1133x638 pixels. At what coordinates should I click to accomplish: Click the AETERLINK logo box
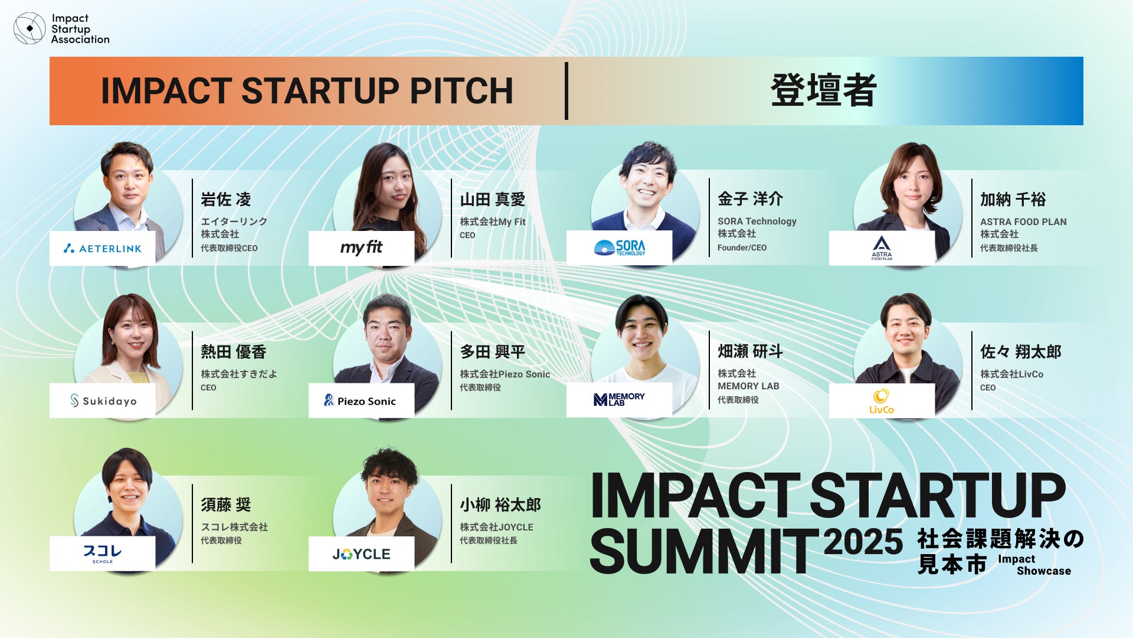[x=103, y=249]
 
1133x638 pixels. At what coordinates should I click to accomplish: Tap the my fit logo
[x=361, y=248]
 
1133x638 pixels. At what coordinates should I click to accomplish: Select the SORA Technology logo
[x=619, y=248]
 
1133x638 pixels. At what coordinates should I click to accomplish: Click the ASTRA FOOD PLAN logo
[x=882, y=248]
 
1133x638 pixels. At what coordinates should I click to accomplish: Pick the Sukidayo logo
[x=103, y=401]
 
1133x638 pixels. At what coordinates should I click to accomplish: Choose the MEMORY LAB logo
[x=619, y=400]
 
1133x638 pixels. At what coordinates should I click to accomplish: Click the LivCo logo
[x=882, y=401]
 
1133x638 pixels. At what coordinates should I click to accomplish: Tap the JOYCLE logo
[x=361, y=554]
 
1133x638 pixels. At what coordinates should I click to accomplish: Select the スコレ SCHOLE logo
[x=103, y=554]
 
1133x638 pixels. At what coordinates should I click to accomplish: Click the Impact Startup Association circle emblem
[x=30, y=28]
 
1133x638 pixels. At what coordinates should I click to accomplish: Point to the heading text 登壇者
[x=824, y=90]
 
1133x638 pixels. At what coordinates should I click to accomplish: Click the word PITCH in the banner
[x=461, y=91]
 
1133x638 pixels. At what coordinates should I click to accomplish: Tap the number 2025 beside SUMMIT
[x=863, y=541]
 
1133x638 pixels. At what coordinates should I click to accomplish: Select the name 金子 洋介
[x=750, y=199]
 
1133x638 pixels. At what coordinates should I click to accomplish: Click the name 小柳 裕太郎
[x=500, y=505]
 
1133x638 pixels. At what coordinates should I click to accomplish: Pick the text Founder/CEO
[x=742, y=248]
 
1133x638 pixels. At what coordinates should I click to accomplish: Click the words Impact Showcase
[x=1034, y=565]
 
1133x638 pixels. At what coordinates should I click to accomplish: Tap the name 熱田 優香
[x=234, y=352]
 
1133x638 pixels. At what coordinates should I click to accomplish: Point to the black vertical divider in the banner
[x=566, y=91]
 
